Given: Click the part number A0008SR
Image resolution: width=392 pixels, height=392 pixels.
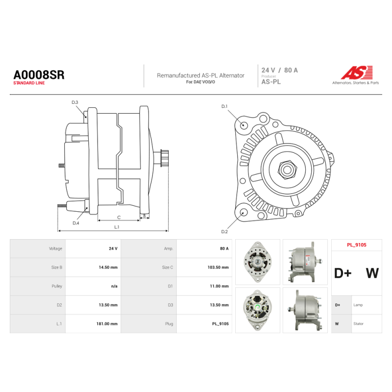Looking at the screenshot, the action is pos(39,75).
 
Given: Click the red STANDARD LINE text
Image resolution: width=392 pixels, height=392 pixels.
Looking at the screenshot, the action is pos(29,83).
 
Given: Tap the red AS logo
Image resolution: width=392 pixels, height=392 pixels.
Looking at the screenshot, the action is pos(357,73).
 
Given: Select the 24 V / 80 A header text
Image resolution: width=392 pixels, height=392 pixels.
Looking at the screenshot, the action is pos(279,70).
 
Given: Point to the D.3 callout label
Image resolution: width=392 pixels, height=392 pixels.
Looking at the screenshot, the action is pos(75,102).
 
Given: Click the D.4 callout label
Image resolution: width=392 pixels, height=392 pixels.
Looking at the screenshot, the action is pos(76,223).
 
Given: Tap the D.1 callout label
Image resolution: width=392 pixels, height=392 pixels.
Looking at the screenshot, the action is pos(224,106).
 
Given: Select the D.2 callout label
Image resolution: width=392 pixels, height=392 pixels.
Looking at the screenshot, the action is pos(224,232).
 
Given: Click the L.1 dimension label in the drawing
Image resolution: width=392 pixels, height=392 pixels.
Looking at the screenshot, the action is pos(117,227).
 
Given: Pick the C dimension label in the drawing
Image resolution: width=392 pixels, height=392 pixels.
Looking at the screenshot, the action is pos(119,218).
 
